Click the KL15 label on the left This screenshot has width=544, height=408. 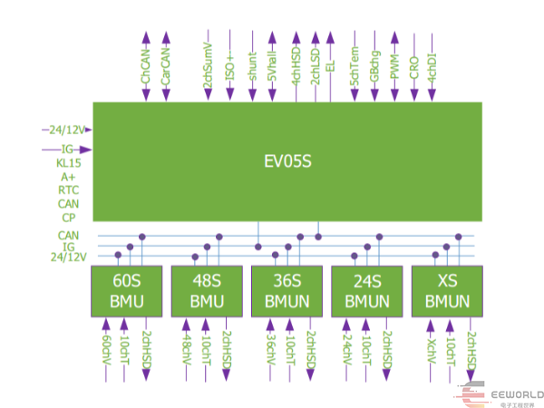tap(69, 163)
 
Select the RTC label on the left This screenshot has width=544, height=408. tap(69, 190)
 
